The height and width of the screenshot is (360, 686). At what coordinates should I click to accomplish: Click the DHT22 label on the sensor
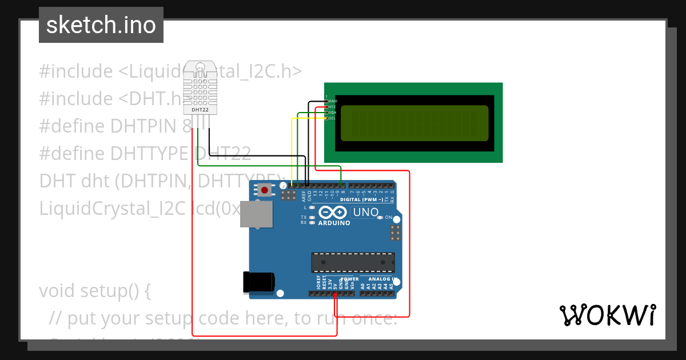[200, 110]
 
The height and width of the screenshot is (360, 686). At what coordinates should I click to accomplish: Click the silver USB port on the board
[256, 214]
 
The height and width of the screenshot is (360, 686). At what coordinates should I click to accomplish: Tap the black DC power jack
[258, 282]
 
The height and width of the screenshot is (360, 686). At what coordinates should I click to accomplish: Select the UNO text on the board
[365, 213]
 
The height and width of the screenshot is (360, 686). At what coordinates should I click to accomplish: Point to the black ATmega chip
[353, 262]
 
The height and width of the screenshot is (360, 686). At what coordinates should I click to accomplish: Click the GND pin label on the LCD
[332, 101]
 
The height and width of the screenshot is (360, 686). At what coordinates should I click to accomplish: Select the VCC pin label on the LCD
[332, 106]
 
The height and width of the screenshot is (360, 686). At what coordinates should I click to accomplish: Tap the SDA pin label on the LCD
[332, 113]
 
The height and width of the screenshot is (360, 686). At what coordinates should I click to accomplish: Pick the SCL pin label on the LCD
[332, 118]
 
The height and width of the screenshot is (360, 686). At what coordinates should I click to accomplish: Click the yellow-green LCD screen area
[414, 123]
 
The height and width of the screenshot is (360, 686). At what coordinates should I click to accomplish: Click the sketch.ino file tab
[101, 25]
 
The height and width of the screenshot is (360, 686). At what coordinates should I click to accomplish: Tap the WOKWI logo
[607, 315]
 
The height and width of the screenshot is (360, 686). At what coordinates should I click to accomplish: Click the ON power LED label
[388, 218]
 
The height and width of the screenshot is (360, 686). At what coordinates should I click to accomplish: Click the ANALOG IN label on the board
[382, 279]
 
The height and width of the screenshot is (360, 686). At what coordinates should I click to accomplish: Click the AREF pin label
[304, 195]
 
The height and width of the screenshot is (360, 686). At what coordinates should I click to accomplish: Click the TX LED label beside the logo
[304, 218]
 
